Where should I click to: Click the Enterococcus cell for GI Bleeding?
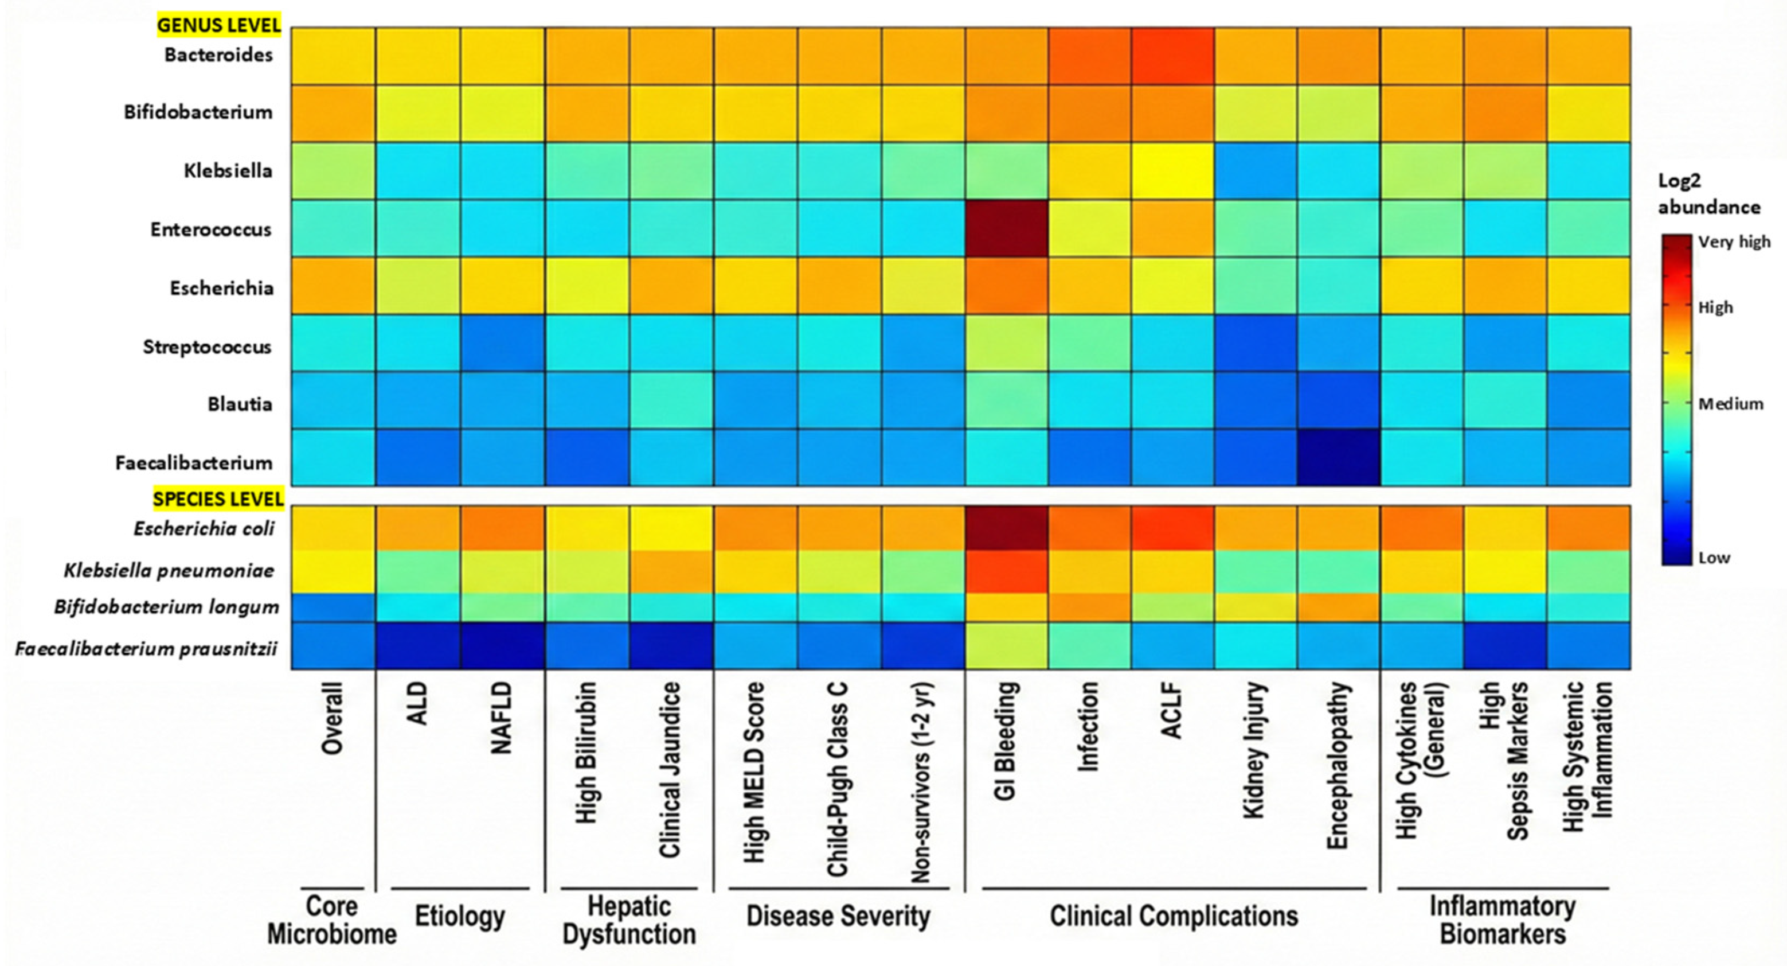1006,228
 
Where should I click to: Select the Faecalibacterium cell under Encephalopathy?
1339,457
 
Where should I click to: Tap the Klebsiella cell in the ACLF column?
1172,171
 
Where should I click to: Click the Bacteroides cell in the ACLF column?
1172,56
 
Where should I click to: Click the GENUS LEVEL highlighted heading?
218,25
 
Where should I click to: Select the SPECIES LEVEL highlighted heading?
218,498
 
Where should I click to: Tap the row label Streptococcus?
207,347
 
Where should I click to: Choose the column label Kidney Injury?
1255,750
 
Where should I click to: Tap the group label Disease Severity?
838,916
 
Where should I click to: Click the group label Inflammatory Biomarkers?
1503,920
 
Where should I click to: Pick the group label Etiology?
459,916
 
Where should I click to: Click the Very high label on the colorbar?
1734,241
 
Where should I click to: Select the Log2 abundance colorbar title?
1708,194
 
